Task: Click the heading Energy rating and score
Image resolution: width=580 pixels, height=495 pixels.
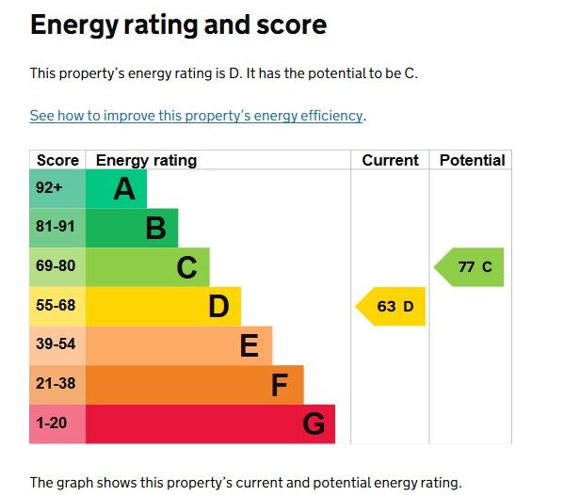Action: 178,25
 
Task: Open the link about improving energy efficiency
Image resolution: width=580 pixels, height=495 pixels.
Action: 196,116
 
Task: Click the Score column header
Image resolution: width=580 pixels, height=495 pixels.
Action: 57,160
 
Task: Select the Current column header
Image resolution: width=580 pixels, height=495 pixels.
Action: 390,160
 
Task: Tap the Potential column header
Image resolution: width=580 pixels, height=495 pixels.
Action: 472,160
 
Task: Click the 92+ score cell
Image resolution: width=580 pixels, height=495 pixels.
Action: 49,188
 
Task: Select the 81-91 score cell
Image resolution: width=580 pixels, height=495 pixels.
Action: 56,227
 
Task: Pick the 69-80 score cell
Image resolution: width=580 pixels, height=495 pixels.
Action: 56,266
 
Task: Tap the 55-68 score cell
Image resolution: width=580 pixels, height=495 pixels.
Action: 56,306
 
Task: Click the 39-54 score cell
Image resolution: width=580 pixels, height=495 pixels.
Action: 56,344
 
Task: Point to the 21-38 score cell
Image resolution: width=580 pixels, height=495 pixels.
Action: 56,384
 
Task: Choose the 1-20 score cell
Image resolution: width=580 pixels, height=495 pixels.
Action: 52,423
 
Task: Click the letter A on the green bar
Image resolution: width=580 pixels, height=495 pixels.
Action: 124,189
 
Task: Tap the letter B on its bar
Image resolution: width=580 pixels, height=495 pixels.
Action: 155,228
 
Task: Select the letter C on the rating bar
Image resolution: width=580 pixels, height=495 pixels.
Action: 187,268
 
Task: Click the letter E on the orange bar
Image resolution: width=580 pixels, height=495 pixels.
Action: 249,346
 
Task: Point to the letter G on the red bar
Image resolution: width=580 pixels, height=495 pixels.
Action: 314,424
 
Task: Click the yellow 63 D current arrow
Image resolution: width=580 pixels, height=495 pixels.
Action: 392,306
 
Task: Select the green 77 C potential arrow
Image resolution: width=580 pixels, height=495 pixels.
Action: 471,267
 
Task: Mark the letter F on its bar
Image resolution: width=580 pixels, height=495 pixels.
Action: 280,385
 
